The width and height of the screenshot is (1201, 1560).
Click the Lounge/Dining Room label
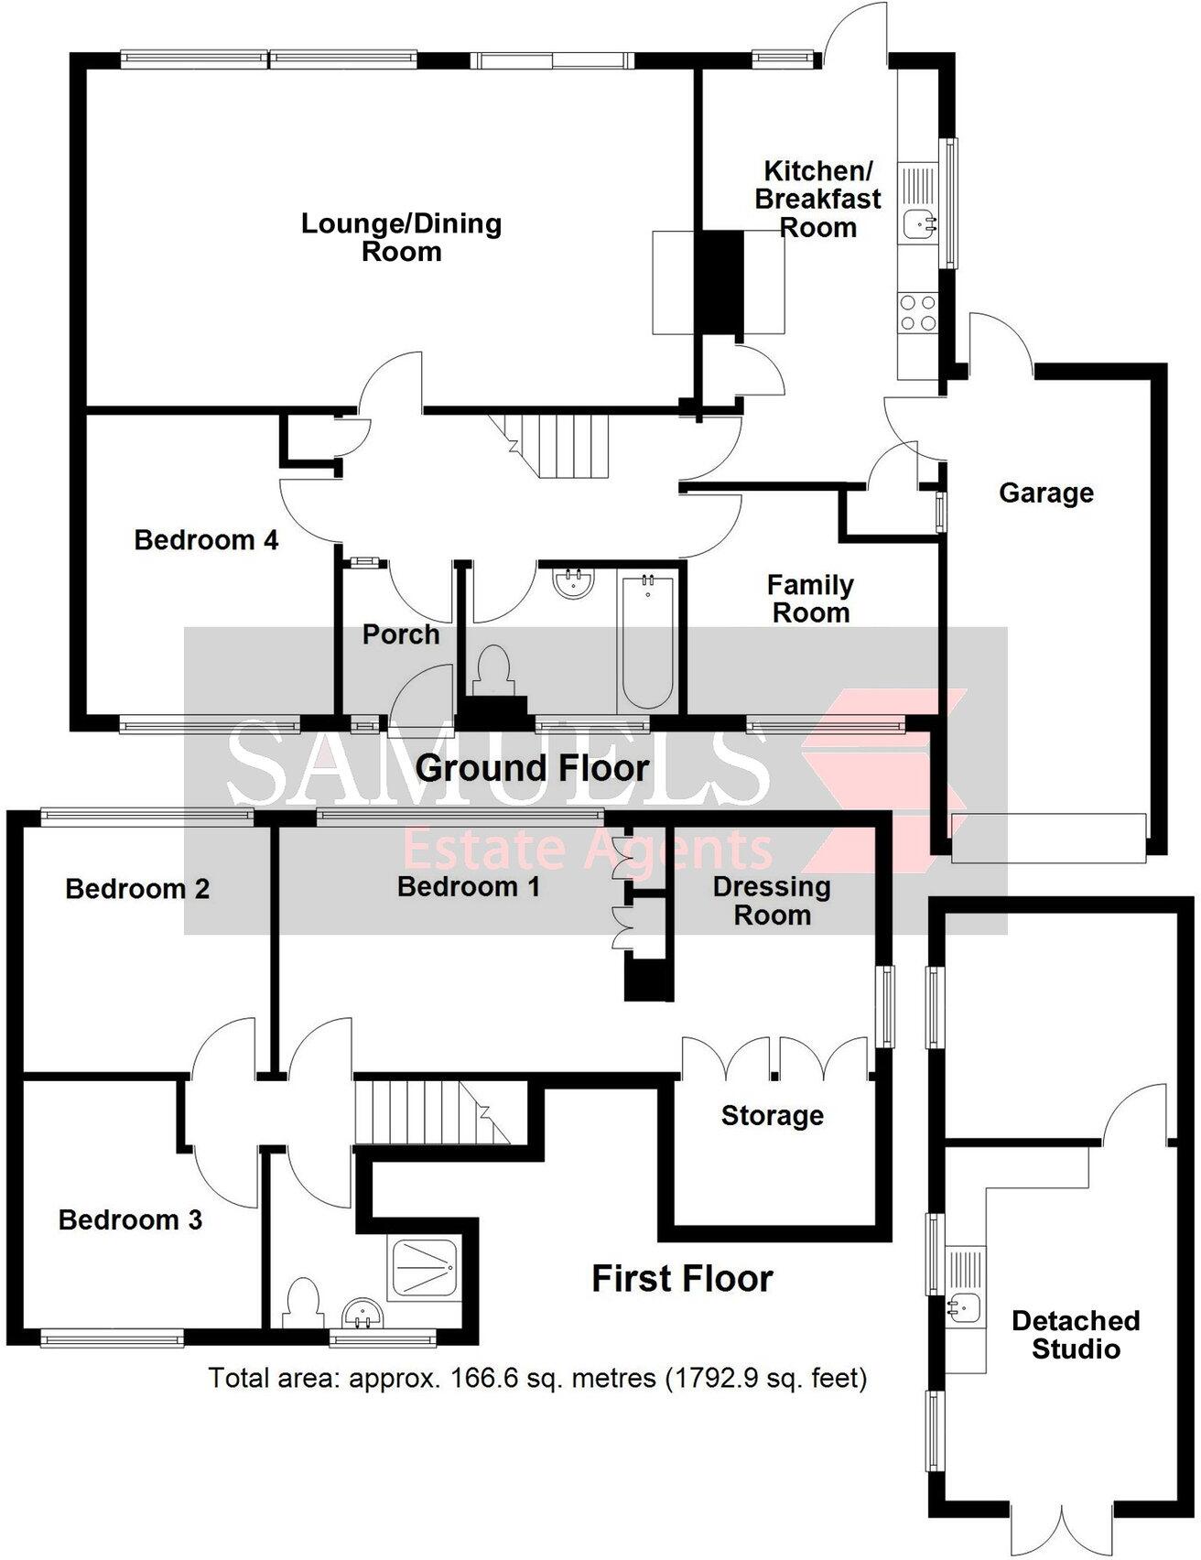(401, 237)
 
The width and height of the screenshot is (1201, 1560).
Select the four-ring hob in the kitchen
(917, 311)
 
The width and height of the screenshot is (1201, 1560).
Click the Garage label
(1045, 493)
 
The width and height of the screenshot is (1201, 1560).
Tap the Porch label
(400, 634)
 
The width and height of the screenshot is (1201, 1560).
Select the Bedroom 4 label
(206, 540)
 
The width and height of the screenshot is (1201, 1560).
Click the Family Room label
(810, 599)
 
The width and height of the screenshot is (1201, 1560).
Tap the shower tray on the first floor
(423, 1268)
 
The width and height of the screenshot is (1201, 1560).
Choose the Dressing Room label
(772, 901)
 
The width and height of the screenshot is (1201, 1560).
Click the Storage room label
(772, 1116)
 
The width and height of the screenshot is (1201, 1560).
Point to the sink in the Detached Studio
(963, 1307)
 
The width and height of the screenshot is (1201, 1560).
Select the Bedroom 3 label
(130, 1220)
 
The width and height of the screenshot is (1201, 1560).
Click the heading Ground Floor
(532, 768)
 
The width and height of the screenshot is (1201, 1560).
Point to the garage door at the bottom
(1047, 838)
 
